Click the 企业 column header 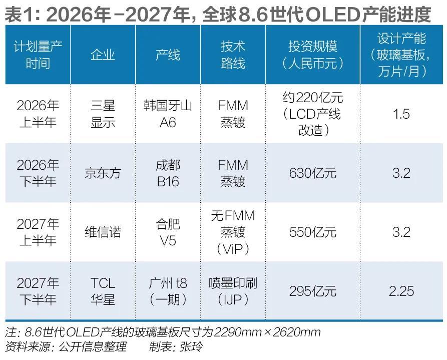(103, 55)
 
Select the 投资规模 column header (312, 55)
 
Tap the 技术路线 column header (233, 55)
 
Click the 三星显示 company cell (103, 114)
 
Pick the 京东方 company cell (103, 173)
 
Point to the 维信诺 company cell (103, 232)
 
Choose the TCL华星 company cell (103, 291)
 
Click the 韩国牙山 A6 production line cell (168, 114)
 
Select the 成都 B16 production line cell (168, 173)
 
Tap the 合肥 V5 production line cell (168, 232)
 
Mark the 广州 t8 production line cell (168, 291)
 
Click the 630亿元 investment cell (312, 173)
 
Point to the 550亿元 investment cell (312, 232)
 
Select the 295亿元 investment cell (312, 291)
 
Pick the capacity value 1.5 (401, 114)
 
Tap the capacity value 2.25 (401, 291)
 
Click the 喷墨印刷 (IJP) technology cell (233, 291)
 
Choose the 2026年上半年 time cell (38, 114)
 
